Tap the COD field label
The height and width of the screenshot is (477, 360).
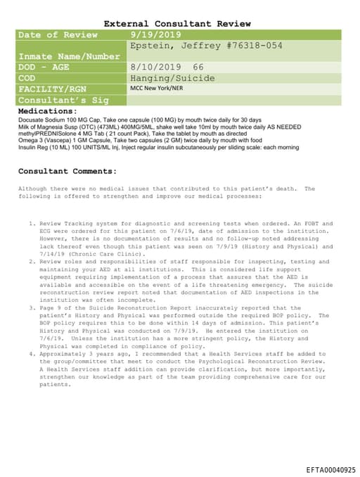pyautogui.click(x=27, y=78)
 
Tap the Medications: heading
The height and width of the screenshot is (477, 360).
pyautogui.click(x=47, y=111)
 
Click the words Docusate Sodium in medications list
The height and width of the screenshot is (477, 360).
pyautogui.click(x=41, y=120)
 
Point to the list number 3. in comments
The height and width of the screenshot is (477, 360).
pyautogui.click(x=32, y=307)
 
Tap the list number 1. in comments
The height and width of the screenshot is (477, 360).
pyautogui.click(x=32, y=223)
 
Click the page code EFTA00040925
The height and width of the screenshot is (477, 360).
pyautogui.click(x=330, y=469)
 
